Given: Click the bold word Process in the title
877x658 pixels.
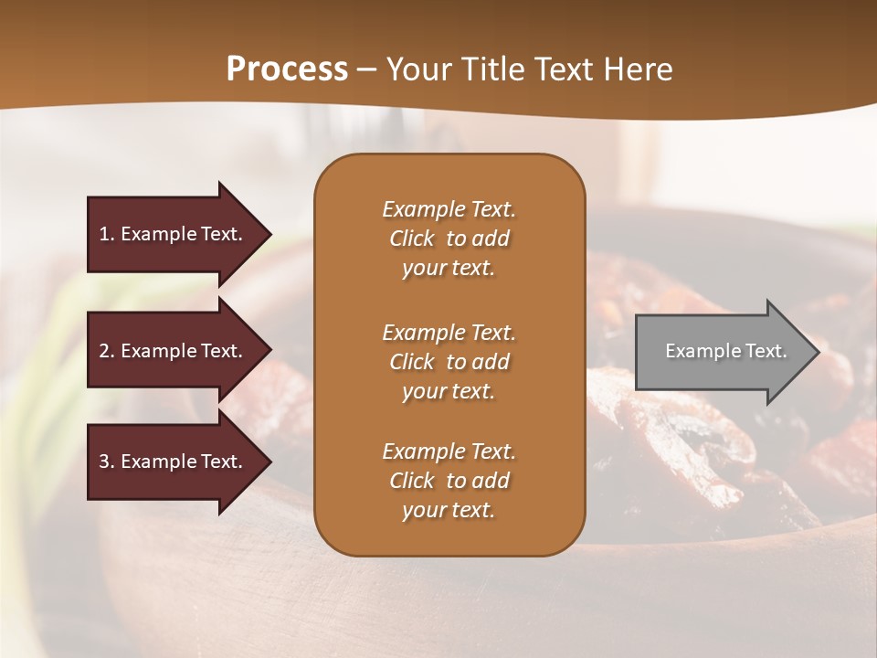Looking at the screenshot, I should point(287,69).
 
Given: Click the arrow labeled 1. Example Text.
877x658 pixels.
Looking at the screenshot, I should point(174,234).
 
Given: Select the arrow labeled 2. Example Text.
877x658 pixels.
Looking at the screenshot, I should point(174,351).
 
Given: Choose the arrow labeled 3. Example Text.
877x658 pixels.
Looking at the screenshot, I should point(174,462).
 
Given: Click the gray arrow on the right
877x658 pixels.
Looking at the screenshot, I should point(722,352).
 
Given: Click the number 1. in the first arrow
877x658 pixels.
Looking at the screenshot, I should point(107,234).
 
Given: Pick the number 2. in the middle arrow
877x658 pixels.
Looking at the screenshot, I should point(107,351).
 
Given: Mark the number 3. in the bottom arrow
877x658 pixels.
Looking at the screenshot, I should point(107,462).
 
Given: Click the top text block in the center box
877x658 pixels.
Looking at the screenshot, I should point(449,239).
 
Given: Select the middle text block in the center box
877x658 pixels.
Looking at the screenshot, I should point(449,362).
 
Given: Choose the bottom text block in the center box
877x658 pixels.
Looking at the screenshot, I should point(449,481).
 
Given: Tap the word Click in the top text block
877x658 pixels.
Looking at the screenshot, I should point(412,239).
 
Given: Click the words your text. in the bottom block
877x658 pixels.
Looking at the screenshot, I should point(449,510).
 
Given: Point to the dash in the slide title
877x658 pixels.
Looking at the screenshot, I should point(367,69).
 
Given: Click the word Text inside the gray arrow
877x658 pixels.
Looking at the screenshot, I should point(766,351).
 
